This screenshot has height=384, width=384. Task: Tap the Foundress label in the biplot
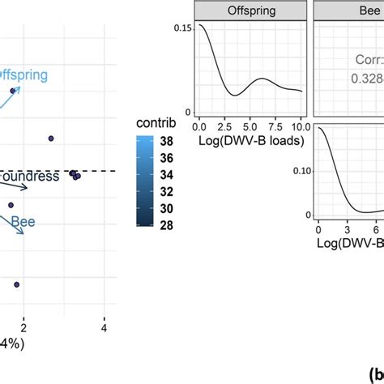point(29,176)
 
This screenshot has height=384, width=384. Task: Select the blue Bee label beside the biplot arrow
point(23,219)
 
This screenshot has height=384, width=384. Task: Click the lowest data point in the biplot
point(16,284)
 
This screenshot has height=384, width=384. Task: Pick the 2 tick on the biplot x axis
point(24,327)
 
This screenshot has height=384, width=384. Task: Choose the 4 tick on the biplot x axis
point(104,327)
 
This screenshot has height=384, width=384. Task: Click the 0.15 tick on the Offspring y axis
point(184,28)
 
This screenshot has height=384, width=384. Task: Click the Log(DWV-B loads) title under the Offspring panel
point(245,143)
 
